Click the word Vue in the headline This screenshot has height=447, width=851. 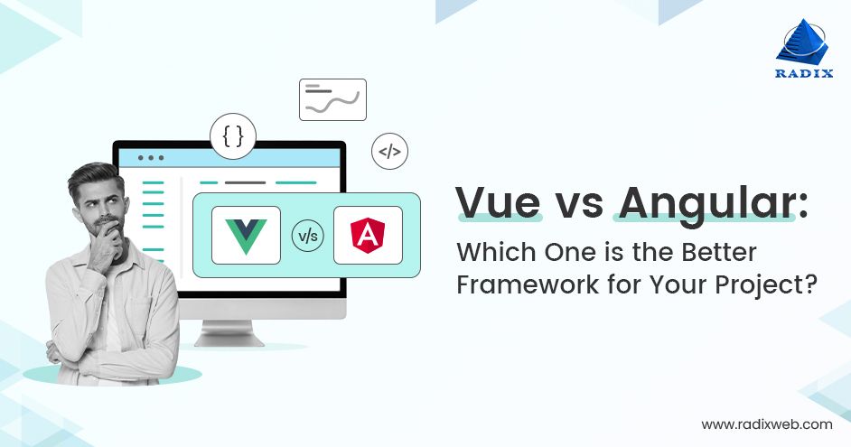coord(498,203)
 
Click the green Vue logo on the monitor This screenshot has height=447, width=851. coord(246,235)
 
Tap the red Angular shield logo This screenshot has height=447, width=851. coord(368,235)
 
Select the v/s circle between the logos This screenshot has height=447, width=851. coord(307,237)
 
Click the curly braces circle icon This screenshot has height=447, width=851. coord(233,136)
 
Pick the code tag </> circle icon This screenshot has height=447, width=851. coord(389,152)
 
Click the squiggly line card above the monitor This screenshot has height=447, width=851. coord(332,99)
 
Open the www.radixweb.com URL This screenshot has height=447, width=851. coord(767,424)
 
